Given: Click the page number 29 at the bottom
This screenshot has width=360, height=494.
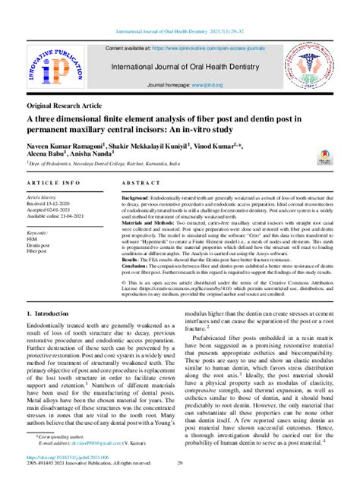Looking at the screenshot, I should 180,483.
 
